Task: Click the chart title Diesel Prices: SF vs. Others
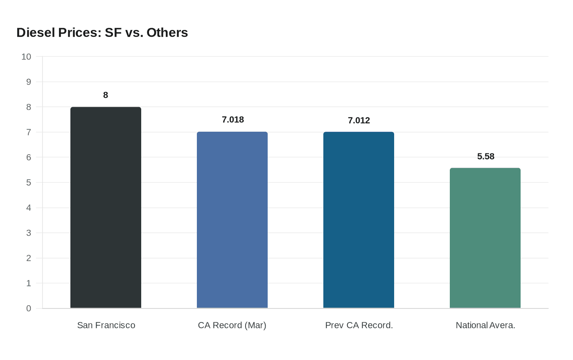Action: click(102, 33)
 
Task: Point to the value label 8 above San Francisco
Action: click(106, 95)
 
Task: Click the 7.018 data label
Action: click(233, 119)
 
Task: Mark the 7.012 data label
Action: click(359, 120)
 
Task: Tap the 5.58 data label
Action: click(486, 156)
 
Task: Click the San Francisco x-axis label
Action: click(106, 325)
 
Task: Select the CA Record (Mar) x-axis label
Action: click(232, 325)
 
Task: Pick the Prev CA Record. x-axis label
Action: click(359, 325)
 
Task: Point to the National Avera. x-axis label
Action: click(485, 325)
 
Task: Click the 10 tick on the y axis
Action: click(26, 56)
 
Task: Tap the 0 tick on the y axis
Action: click(29, 308)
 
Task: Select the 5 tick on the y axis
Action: click(29, 182)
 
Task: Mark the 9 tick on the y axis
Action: click(29, 82)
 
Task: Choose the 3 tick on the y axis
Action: click(29, 233)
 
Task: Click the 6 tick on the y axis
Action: click(29, 157)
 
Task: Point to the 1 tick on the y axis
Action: click(29, 283)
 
